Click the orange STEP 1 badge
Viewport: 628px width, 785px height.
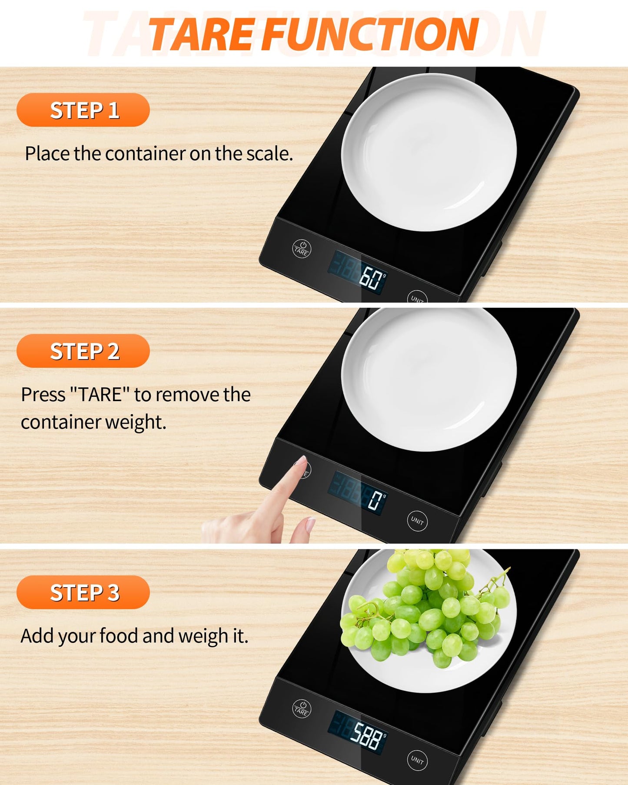[83, 110]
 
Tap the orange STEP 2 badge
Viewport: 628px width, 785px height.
[83, 351]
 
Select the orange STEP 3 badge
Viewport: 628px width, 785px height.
[83, 592]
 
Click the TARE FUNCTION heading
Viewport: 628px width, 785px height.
[313, 34]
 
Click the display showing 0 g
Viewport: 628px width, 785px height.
[357, 493]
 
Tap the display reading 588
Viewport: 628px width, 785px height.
[357, 732]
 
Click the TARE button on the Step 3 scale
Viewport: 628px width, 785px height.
[302, 708]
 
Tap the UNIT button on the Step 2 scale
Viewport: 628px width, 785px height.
[417, 521]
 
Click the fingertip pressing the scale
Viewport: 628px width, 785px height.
[301, 462]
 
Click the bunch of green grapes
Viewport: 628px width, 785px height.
[424, 609]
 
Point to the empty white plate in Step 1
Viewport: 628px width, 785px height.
[429, 152]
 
